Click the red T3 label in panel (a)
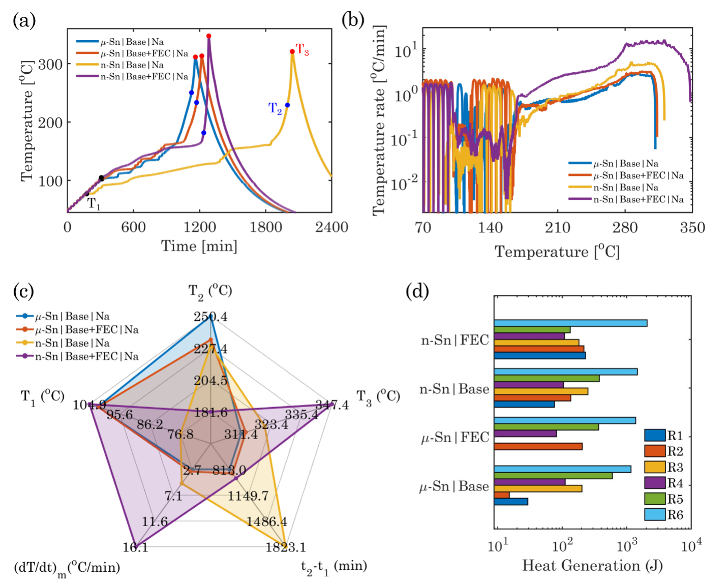click(302, 49)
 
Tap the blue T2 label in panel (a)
click(275, 108)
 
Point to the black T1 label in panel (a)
click(94, 204)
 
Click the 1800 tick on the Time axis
click(265, 227)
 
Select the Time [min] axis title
click(199, 246)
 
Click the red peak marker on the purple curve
click(209, 36)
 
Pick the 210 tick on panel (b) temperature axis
click(557, 227)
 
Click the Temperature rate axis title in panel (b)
click(379, 120)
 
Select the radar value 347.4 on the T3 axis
click(332, 404)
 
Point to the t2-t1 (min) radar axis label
click(334, 566)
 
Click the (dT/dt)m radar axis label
click(67, 568)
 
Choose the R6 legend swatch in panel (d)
click(655, 515)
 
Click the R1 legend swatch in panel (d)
click(655, 436)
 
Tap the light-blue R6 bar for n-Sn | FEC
click(570, 323)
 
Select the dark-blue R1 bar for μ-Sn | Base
click(511, 502)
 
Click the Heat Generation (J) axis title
click(593, 565)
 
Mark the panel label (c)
click(24, 292)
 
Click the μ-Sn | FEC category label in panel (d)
click(455, 438)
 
